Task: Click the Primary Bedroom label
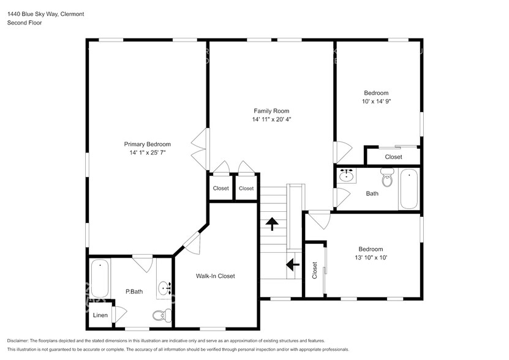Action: pyautogui.click(x=147, y=144)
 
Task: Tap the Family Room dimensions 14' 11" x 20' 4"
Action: pyautogui.click(x=271, y=119)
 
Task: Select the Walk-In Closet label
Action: pyautogui.click(x=215, y=276)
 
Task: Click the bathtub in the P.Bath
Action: pyautogui.click(x=99, y=279)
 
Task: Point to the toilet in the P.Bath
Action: pyautogui.click(x=159, y=316)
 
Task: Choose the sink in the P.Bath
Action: pyautogui.click(x=164, y=288)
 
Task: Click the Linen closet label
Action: pyautogui.click(x=100, y=316)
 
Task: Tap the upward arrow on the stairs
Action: pyautogui.click(x=270, y=223)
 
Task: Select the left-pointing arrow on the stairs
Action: pyautogui.click(x=292, y=264)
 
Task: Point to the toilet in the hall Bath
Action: pyautogui.click(x=387, y=179)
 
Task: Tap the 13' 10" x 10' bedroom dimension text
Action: pyautogui.click(x=371, y=258)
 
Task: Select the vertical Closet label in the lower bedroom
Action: pyautogui.click(x=315, y=270)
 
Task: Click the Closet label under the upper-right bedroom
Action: pyautogui.click(x=393, y=157)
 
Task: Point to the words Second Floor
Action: pyautogui.click(x=24, y=23)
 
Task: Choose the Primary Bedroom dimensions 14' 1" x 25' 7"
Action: pyautogui.click(x=147, y=153)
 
